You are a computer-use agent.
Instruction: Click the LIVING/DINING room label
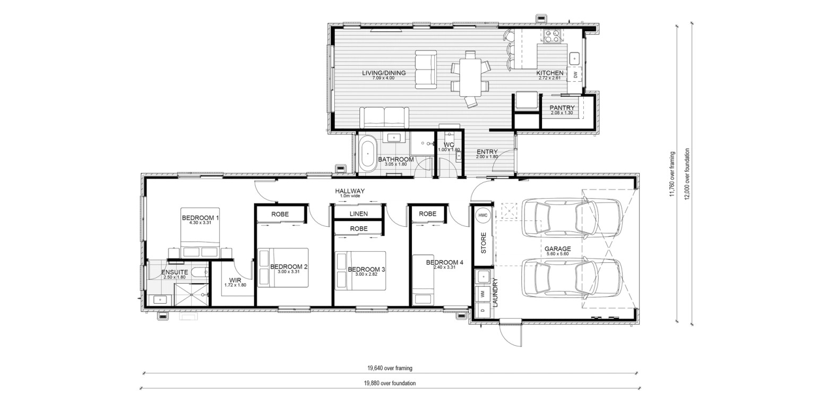tap(384, 73)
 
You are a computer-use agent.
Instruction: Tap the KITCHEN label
tap(550, 73)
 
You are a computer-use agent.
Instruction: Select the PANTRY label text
tap(562, 108)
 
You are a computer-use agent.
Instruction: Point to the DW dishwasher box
tap(575, 75)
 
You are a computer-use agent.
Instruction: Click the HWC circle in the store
tap(483, 215)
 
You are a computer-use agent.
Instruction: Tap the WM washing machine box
tap(482, 294)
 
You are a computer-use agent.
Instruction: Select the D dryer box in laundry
tap(482, 310)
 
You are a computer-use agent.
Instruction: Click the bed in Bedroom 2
tap(283, 268)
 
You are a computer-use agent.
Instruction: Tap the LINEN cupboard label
tap(359, 214)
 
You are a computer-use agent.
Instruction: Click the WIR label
tap(235, 280)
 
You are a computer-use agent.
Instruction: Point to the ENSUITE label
tap(175, 272)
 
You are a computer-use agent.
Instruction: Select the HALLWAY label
tap(350, 191)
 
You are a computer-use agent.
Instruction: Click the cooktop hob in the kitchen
tap(552, 36)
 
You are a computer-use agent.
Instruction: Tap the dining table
tap(470, 78)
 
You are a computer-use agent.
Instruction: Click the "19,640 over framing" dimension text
tap(390, 368)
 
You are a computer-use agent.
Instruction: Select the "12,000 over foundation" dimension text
tap(687, 174)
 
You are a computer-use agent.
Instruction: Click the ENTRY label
tap(487, 152)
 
